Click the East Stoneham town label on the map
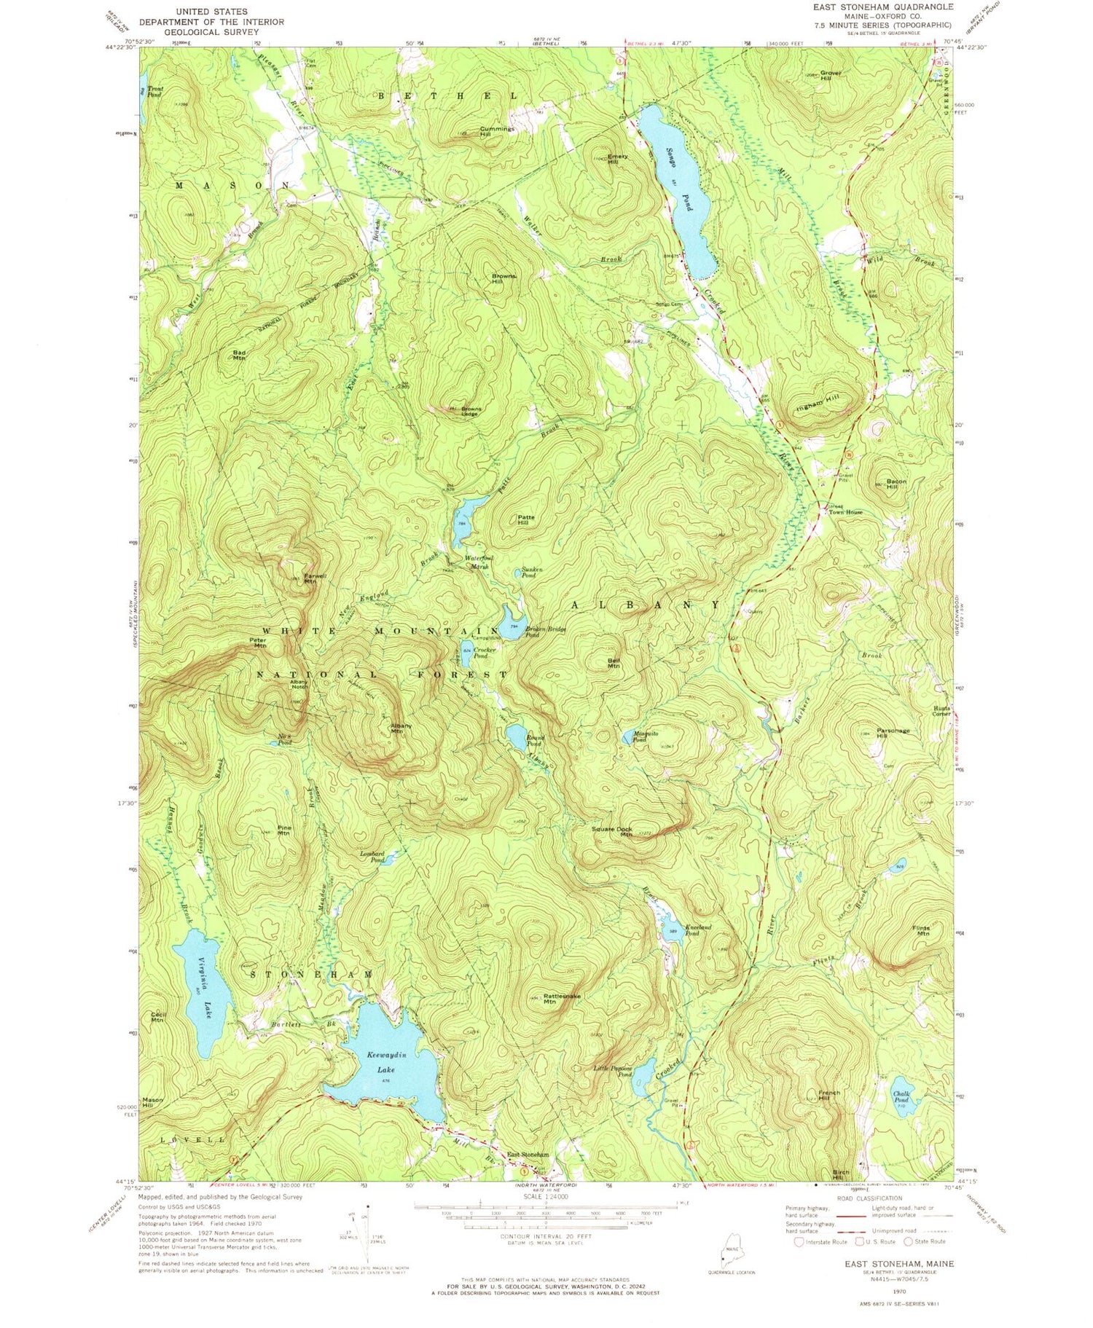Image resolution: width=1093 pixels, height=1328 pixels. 528,1155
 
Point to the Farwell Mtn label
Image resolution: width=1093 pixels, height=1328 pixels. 310,579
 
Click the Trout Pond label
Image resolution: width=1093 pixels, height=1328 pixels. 154,92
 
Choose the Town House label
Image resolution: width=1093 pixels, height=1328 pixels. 845,512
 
